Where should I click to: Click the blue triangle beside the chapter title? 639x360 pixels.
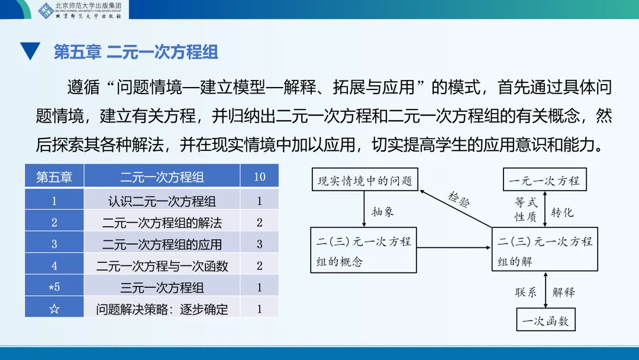[x=30, y=52]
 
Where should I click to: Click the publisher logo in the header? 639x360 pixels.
[x=46, y=10]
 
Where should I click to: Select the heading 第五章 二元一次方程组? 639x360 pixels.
[x=136, y=52]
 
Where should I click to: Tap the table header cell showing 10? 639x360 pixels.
[x=259, y=177]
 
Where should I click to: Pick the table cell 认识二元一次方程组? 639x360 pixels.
[x=162, y=201]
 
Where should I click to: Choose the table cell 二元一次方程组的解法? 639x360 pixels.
[x=162, y=223]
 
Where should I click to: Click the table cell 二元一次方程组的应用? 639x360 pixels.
[x=162, y=244]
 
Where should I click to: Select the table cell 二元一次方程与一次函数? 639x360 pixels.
[x=162, y=266]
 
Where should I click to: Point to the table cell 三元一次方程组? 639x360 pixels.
[x=162, y=287]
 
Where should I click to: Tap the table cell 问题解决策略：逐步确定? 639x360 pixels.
[x=162, y=308]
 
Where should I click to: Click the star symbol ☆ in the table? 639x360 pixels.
[x=54, y=308]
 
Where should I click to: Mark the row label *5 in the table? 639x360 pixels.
[x=54, y=287]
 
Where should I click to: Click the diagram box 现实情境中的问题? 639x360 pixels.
[x=364, y=179]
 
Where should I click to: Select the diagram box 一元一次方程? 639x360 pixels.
[x=544, y=179]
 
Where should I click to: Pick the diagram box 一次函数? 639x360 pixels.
[x=545, y=321]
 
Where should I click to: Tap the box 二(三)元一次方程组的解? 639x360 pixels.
[x=545, y=250]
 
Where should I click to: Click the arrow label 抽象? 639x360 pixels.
[x=383, y=211]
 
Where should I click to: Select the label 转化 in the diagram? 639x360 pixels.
[x=562, y=211]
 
